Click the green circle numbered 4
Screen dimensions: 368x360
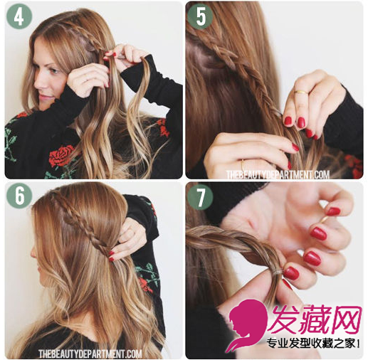point(19,16)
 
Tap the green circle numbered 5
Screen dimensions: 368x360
point(200,16)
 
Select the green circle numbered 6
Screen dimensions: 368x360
point(19,196)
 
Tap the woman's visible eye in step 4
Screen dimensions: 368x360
point(53,70)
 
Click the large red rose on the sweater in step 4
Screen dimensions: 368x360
point(61,156)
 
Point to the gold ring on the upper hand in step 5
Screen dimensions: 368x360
point(300,92)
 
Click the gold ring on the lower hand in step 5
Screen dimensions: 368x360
point(243,164)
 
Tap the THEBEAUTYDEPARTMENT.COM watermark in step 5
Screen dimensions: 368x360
point(278,175)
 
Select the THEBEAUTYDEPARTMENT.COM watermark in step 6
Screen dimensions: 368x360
point(90,354)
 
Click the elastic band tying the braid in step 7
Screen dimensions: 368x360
point(277,272)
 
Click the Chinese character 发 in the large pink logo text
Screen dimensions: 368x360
point(286,319)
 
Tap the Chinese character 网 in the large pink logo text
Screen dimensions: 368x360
point(347,319)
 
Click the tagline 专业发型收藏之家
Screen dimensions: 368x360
point(310,344)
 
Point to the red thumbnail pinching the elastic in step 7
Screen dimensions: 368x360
point(291,273)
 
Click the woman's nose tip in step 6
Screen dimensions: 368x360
point(32,254)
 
